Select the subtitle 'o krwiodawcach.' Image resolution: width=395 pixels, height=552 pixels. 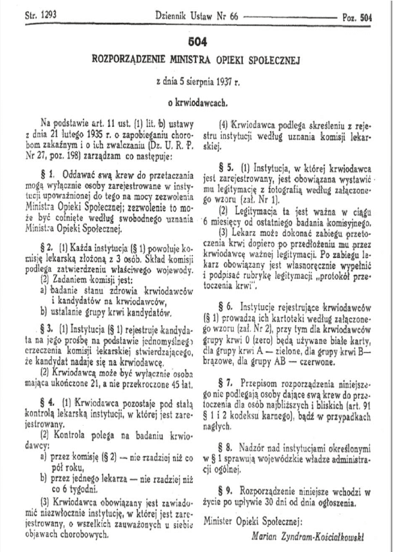(197, 104)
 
